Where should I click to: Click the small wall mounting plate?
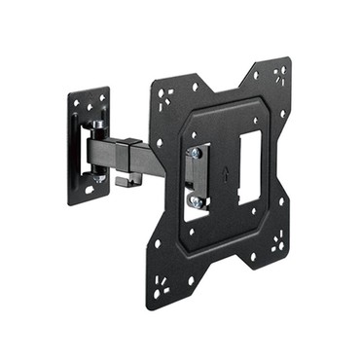(x=88, y=146)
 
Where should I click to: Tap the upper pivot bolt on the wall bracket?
(x=99, y=126)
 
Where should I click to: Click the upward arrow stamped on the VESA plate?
(x=227, y=178)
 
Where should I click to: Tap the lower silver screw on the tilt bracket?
(x=197, y=201)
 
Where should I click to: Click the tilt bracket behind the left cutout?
(x=197, y=177)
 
